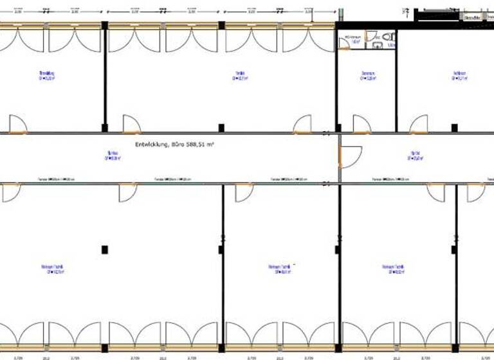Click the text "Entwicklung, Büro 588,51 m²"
(x=174, y=145)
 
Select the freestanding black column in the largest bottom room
(x=105, y=249)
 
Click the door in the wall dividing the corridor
(x=351, y=156)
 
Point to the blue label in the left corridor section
(x=113, y=155)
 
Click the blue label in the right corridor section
(x=416, y=155)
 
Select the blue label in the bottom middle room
(x=282, y=269)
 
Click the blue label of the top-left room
(x=47, y=76)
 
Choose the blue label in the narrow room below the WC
(x=368, y=76)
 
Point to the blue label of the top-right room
(x=460, y=76)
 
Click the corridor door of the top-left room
(x=18, y=125)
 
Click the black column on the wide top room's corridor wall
(x=221, y=128)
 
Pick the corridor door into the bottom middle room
(x=244, y=192)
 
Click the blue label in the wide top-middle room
(x=240, y=76)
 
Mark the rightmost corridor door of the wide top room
(x=303, y=125)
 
